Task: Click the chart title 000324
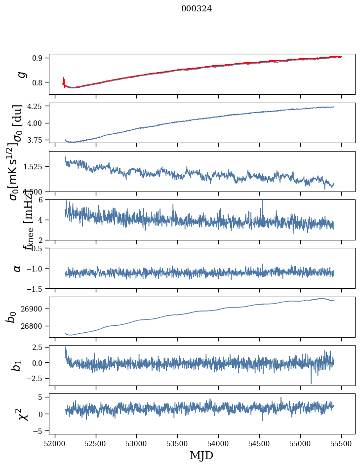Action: click(x=197, y=8)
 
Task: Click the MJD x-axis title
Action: click(x=201, y=455)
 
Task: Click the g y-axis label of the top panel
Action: click(x=21, y=74)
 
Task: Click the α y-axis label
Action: click(x=18, y=268)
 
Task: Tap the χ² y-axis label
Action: click(x=22, y=414)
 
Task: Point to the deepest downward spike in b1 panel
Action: click(x=311, y=383)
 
